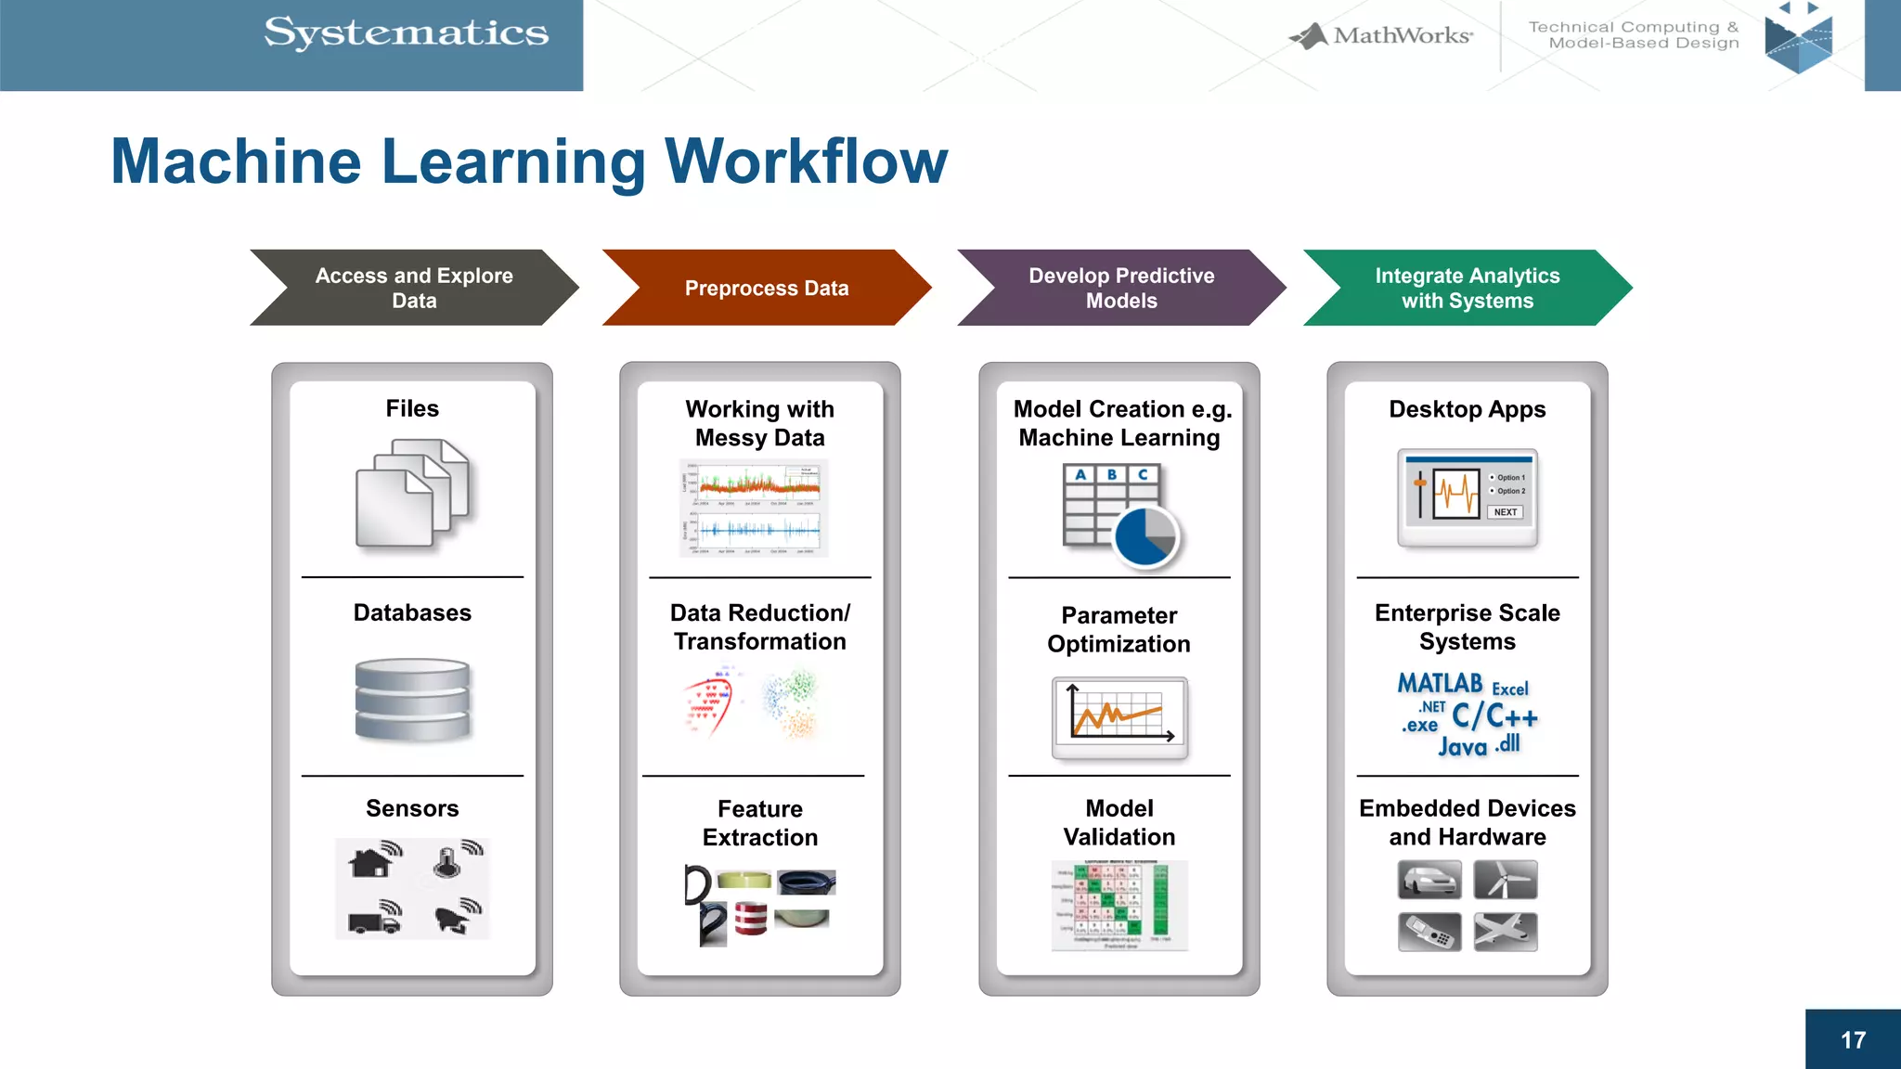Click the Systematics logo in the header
pyautogui.click(x=406, y=33)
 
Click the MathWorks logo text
pyautogui.click(x=1402, y=36)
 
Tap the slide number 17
pyautogui.click(x=1853, y=1040)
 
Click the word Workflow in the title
pyautogui.click(x=807, y=162)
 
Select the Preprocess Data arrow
pyautogui.click(x=766, y=288)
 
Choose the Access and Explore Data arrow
pyautogui.click(x=414, y=288)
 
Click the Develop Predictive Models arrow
pyautogui.click(x=1120, y=288)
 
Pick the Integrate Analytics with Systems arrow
pyautogui.click(x=1467, y=288)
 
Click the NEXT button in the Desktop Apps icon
pyautogui.click(x=1505, y=512)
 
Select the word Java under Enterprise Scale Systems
pyautogui.click(x=1462, y=747)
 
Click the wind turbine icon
pyautogui.click(x=1505, y=880)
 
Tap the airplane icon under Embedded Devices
pyautogui.click(x=1505, y=932)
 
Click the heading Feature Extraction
pyautogui.click(x=759, y=823)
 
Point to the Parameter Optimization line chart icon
pyautogui.click(x=1119, y=717)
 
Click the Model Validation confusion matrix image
pyautogui.click(x=1119, y=905)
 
